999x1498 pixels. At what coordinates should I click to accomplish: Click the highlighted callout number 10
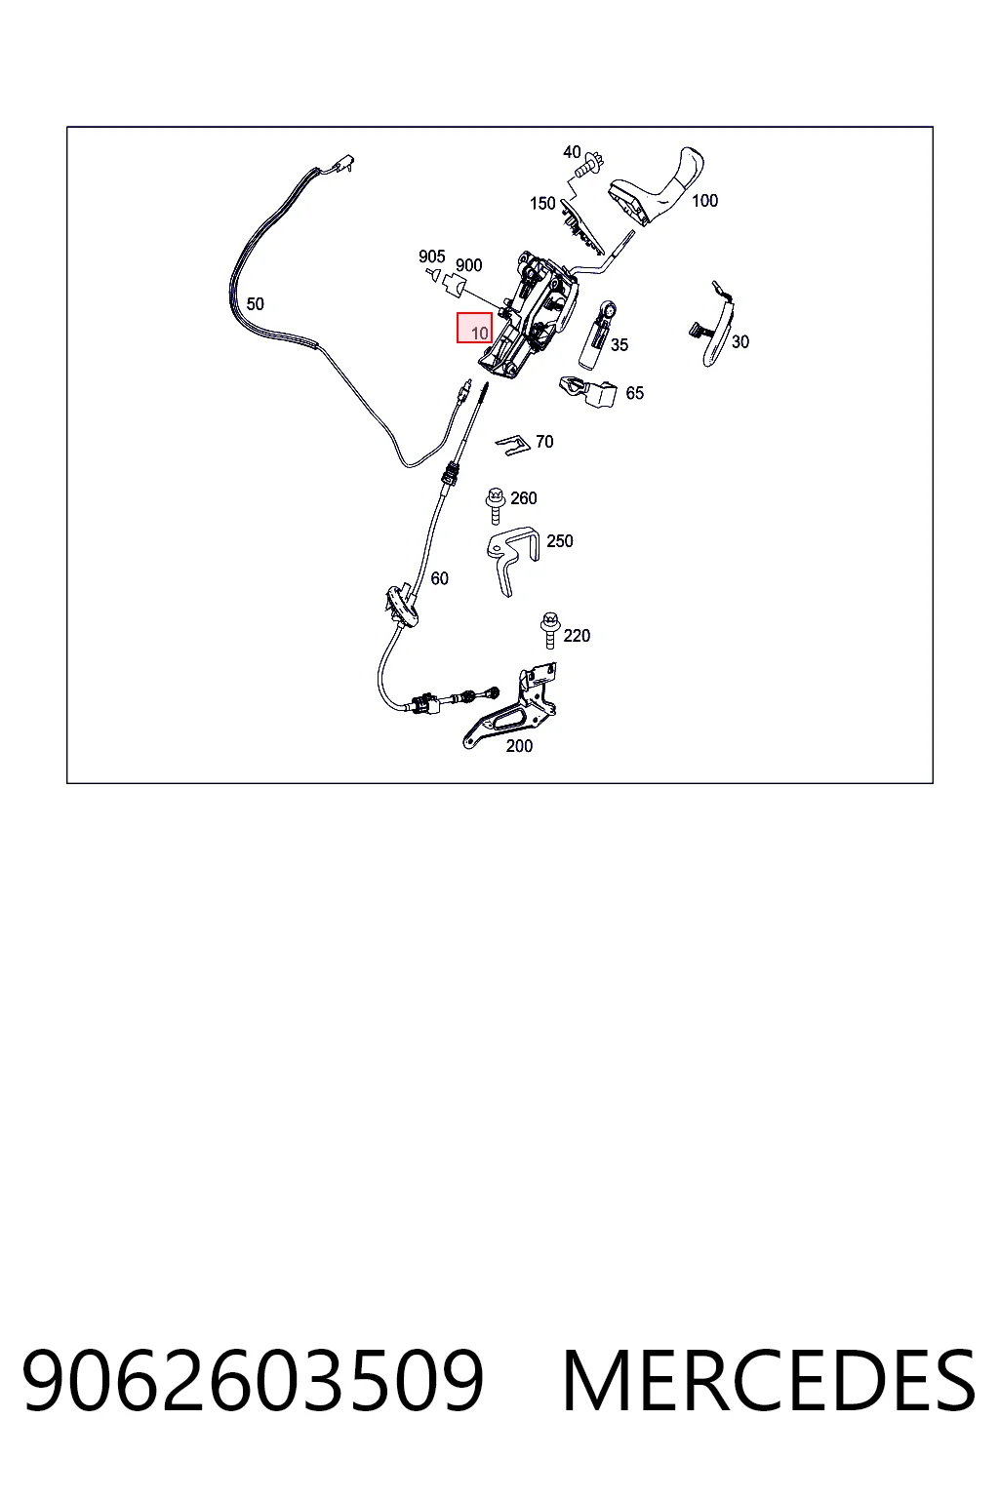480,333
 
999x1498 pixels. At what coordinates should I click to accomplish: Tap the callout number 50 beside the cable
255,303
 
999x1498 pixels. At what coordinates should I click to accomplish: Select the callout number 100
704,201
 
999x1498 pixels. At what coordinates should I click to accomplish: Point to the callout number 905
431,256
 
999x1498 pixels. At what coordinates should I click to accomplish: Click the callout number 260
523,498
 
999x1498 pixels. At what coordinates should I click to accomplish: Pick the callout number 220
577,635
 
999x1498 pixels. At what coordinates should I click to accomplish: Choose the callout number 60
440,578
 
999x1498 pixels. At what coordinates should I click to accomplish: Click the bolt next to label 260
495,505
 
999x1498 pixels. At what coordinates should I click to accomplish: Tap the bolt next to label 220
550,630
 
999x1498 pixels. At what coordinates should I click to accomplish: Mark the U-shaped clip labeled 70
513,445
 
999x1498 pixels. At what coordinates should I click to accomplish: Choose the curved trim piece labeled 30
715,325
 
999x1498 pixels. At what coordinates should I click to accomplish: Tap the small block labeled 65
589,391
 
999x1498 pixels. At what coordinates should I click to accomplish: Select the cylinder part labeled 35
596,335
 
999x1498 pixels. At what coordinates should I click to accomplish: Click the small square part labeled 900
453,286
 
